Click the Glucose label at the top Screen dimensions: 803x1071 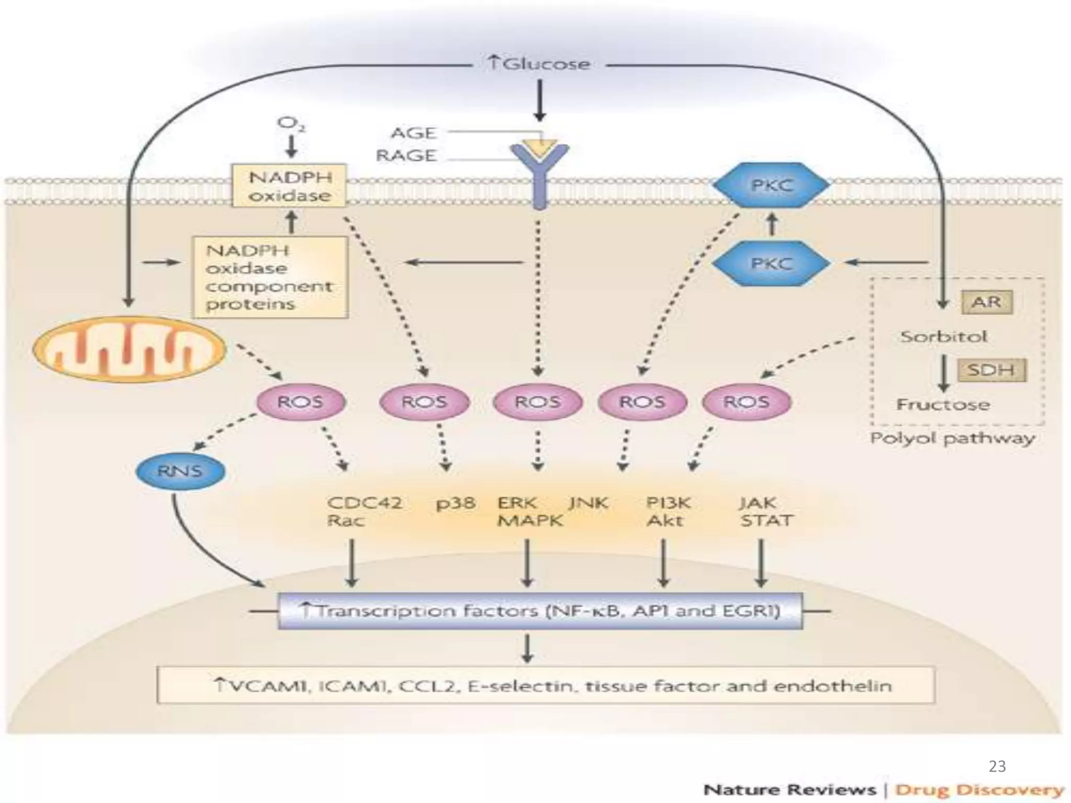pos(539,64)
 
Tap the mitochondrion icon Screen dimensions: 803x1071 pos(129,349)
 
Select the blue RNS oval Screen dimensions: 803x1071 pos(180,471)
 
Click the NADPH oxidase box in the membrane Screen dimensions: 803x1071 pos(290,186)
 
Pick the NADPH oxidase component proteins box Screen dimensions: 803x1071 pos(270,278)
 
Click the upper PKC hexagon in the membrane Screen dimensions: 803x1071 pos(771,185)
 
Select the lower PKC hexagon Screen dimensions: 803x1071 pos(771,263)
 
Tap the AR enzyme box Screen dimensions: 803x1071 pos(986,302)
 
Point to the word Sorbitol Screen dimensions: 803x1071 pos(943,336)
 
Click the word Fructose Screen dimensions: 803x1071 pos(943,404)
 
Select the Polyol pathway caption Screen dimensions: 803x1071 pos(952,438)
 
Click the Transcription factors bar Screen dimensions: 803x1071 pos(540,611)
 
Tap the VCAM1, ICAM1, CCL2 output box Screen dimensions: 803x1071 pos(545,685)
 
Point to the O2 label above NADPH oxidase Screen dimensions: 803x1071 pos(291,123)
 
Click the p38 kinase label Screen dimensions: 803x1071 pos(455,503)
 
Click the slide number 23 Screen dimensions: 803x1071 pos(997,766)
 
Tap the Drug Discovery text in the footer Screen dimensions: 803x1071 pos(979,789)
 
